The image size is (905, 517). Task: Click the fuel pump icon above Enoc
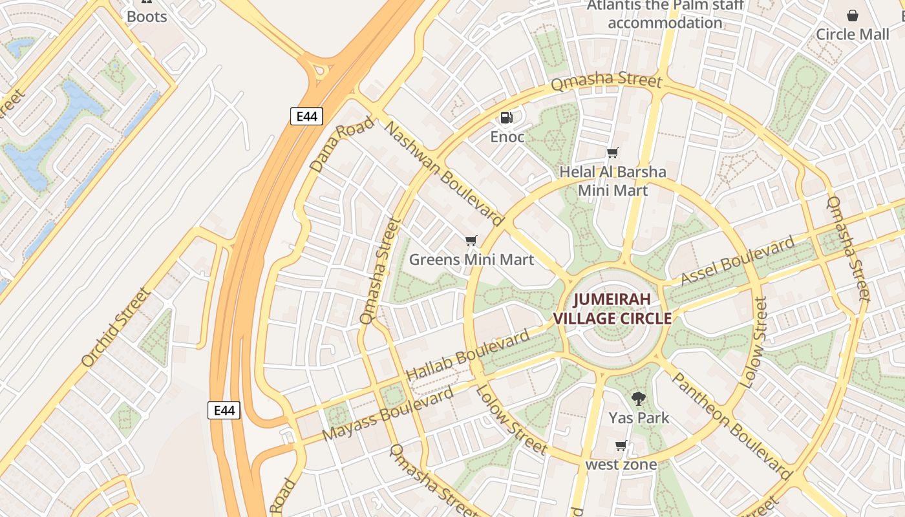pos(507,118)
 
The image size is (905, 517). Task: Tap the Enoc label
pos(507,137)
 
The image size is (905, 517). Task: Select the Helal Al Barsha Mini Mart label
pos(612,181)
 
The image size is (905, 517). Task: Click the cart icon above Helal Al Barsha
pos(612,153)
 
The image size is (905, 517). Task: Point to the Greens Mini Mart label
pos(471,260)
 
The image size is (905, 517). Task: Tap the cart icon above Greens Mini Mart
pos(471,241)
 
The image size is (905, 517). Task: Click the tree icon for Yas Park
pos(639,398)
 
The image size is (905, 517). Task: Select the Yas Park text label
pos(639,418)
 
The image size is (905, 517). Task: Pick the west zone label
pos(621,465)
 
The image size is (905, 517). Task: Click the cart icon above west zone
pos(621,445)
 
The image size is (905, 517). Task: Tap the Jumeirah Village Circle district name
pos(612,309)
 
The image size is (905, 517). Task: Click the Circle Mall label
pos(852,34)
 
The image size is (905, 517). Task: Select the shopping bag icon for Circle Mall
pos(853,16)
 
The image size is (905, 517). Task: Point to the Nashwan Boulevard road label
pos(443,172)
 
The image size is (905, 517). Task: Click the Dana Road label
pos(342,144)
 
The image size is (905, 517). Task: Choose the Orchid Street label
pos(116,328)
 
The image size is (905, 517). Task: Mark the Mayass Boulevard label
pos(388,414)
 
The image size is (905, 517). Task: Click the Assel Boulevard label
pos(738,260)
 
